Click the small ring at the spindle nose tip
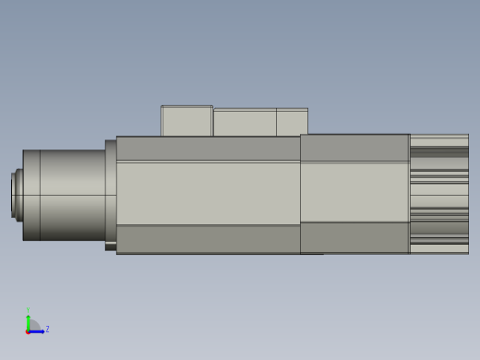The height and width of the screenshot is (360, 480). (x=15, y=195)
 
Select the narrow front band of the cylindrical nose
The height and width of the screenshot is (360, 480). (x=31, y=195)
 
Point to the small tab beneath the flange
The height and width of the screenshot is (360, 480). (x=111, y=246)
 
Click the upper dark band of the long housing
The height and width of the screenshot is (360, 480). (x=208, y=149)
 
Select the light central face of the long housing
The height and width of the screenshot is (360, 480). (x=208, y=193)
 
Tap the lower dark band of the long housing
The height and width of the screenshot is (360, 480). (x=208, y=239)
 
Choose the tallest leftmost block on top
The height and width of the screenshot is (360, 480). (x=186, y=121)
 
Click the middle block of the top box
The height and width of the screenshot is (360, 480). (x=245, y=123)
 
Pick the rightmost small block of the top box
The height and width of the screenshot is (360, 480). (x=292, y=123)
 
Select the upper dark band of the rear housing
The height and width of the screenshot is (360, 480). (x=354, y=148)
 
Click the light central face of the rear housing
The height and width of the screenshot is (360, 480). (x=354, y=192)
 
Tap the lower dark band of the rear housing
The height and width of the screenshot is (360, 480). (x=354, y=237)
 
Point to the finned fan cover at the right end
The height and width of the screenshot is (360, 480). (x=439, y=194)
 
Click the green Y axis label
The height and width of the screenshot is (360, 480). (x=29, y=311)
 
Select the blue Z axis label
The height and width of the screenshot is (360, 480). (x=47, y=329)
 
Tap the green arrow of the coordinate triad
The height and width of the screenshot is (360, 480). (x=29, y=321)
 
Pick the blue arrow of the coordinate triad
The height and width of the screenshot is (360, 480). (x=38, y=330)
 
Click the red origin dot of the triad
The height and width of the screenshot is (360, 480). (x=28, y=330)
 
